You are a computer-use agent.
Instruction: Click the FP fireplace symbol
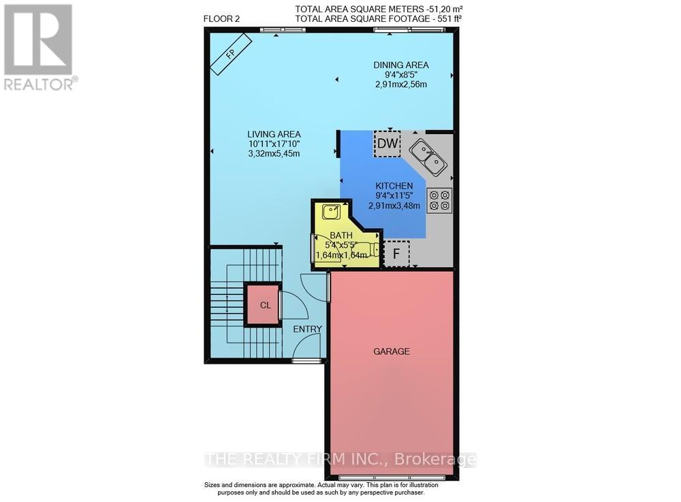pos(229,55)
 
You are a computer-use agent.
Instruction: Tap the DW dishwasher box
pos(387,143)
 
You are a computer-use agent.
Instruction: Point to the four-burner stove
pos(439,200)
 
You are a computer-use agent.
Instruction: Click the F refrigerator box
pos(395,254)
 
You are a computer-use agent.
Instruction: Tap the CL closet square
pos(265,305)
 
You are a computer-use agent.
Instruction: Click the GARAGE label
pos(391,351)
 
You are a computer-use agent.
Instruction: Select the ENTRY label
pos(307,329)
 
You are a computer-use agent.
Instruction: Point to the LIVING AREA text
pos(274,134)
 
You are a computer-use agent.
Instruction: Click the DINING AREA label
pos(400,65)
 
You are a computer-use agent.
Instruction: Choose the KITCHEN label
pos(394,185)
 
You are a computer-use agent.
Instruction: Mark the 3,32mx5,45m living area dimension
pos(273,153)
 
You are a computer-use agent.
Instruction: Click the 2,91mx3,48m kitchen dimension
pos(394,205)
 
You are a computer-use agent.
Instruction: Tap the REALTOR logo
pos(39,46)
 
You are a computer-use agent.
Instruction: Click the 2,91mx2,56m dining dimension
pos(400,84)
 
